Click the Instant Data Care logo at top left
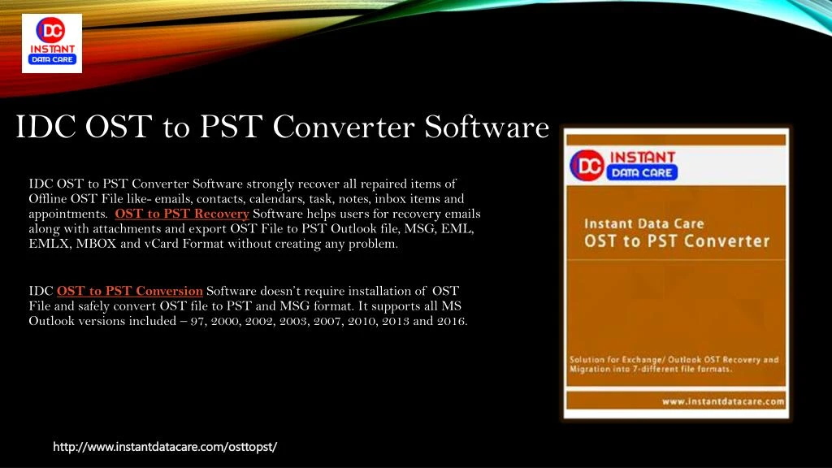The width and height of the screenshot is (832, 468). (52, 43)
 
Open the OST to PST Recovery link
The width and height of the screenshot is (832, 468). (182, 214)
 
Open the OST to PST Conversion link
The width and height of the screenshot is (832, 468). (130, 291)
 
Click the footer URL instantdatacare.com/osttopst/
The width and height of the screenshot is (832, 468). (165, 447)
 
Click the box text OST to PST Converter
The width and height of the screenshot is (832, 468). (676, 241)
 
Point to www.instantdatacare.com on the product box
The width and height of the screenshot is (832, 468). (722, 401)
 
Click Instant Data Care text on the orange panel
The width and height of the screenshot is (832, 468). (644, 223)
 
